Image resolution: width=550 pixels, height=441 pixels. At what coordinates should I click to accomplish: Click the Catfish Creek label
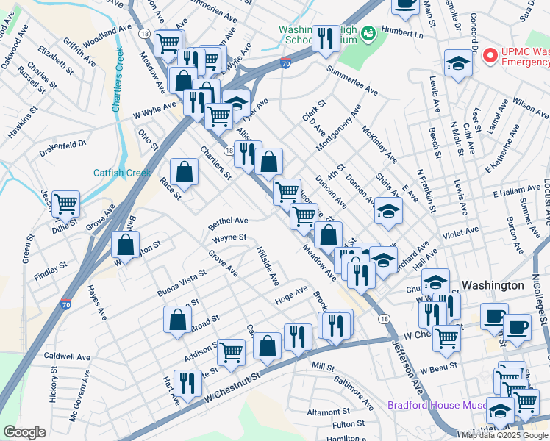(122, 173)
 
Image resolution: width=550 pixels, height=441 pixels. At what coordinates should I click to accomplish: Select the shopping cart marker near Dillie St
(65, 203)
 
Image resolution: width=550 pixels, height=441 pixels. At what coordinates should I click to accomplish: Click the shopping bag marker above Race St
(184, 172)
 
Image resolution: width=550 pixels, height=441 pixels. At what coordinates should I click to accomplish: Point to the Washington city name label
(493, 285)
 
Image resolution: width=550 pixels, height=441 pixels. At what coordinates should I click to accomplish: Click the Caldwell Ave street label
(67, 356)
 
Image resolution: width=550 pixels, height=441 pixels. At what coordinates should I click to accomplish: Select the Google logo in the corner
(24, 433)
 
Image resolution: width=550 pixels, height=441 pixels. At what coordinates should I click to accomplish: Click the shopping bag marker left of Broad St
(177, 319)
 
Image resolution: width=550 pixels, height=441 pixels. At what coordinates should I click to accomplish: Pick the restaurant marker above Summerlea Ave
(326, 37)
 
